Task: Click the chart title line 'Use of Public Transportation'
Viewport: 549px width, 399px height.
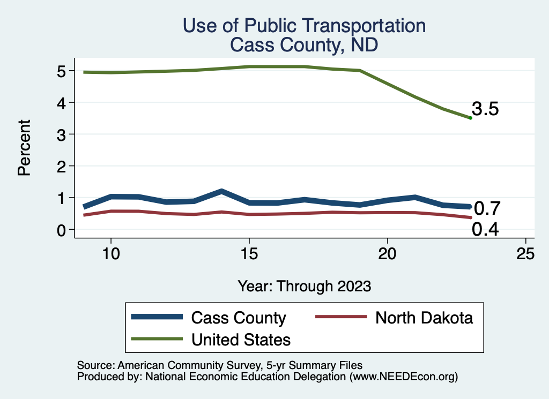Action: click(x=304, y=26)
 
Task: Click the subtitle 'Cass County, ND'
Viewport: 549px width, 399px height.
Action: click(x=304, y=45)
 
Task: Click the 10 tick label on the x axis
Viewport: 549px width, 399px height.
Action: click(x=110, y=254)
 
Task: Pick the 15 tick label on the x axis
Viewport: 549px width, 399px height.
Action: click(x=249, y=254)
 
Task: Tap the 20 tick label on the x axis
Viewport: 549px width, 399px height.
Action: click(x=387, y=254)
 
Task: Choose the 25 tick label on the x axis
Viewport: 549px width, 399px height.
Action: click(x=525, y=254)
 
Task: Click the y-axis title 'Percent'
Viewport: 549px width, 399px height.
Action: click(x=24, y=150)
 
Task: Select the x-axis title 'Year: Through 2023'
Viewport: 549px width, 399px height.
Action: click(x=304, y=286)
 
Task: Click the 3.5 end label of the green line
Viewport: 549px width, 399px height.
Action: click(x=486, y=109)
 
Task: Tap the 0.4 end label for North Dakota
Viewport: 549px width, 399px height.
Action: click(x=486, y=230)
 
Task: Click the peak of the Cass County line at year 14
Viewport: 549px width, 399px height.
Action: click(x=221, y=191)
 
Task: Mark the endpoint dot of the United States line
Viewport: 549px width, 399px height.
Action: click(x=470, y=118)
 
